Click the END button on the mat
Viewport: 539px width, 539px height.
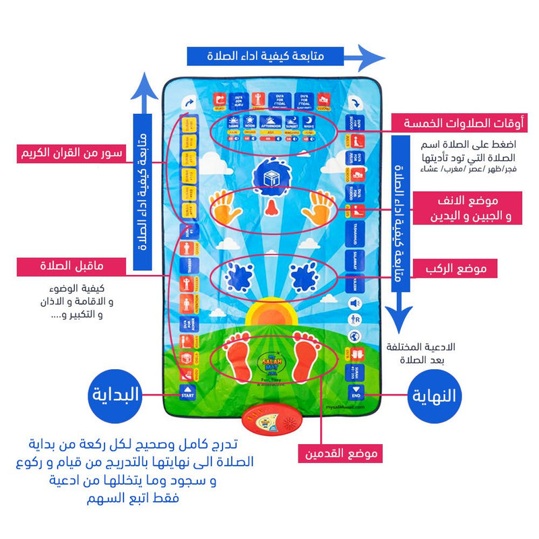click(x=356, y=393)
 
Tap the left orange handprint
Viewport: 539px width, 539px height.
click(x=227, y=208)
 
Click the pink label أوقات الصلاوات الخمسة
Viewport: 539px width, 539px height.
click(x=466, y=124)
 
